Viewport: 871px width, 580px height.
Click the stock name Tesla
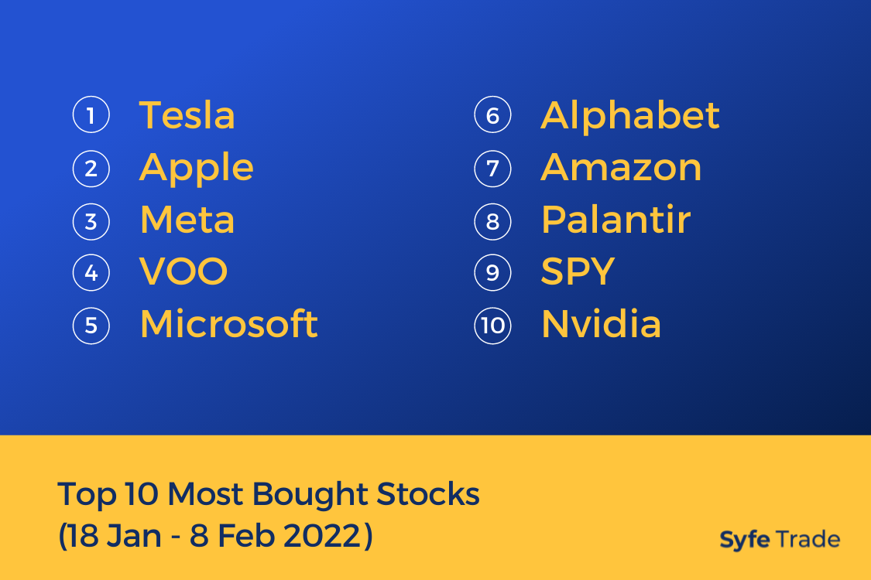(187, 115)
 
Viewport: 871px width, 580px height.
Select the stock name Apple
(197, 169)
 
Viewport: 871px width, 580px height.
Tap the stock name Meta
(187, 220)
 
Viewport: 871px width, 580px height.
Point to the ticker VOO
(183, 271)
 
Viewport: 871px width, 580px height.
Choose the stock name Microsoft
(229, 323)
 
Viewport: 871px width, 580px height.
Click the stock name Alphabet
(630, 115)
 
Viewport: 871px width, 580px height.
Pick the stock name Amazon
(622, 167)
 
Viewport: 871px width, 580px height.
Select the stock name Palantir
(616, 219)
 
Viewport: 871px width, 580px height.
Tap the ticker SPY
(578, 271)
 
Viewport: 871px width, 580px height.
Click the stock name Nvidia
(602, 323)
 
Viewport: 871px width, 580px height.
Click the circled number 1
(91, 115)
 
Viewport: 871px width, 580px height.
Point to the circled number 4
(91, 272)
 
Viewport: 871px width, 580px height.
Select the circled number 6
(492, 115)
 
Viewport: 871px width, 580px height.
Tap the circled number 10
(492, 326)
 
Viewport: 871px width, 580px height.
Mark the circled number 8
(492, 221)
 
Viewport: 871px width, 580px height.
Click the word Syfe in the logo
(745, 540)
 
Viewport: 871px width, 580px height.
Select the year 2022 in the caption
(322, 536)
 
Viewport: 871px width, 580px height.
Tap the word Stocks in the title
(428, 493)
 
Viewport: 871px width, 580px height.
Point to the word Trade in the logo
(808, 539)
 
